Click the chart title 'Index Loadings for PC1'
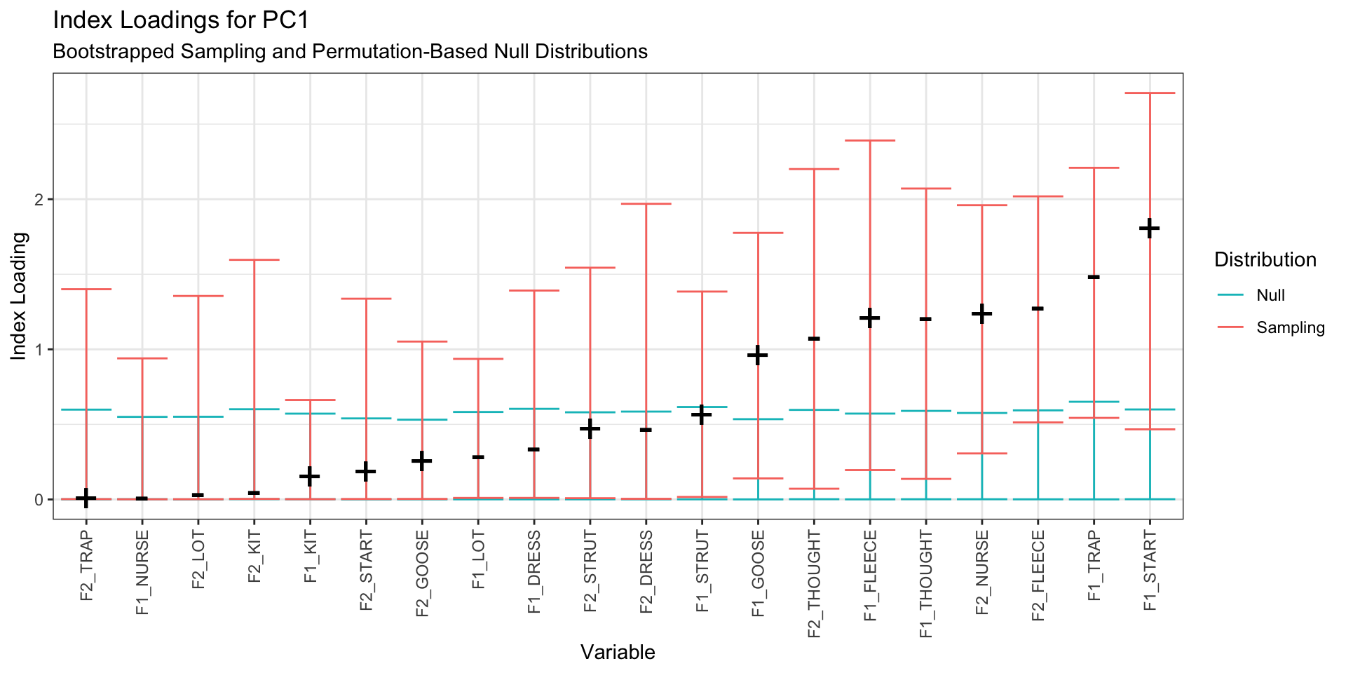[181, 20]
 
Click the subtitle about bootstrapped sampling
[350, 52]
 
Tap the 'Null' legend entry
[1270, 295]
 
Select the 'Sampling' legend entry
[1291, 327]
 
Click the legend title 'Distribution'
[1265, 260]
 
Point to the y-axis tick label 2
[39, 200]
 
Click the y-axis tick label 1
[39, 350]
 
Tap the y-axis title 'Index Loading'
[19, 297]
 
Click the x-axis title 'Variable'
[618, 652]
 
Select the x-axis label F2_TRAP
[87, 566]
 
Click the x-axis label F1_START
[1150, 570]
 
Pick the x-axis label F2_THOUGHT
[814, 584]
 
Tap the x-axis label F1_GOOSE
[758, 573]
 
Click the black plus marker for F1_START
[1150, 228]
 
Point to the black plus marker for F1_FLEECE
[870, 318]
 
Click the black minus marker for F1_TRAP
[1094, 277]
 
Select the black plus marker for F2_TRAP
[86, 498]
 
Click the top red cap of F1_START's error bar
[1150, 93]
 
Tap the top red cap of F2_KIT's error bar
[254, 259]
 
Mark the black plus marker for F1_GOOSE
[758, 355]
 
